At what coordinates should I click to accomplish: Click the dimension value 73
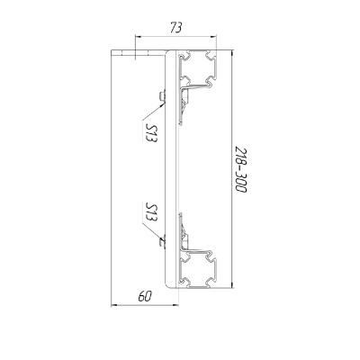tap(175, 28)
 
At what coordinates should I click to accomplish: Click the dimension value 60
tap(145, 296)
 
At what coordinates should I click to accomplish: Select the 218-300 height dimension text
tap(240, 169)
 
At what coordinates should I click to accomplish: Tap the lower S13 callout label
tap(151, 211)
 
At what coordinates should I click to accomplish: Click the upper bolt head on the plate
tap(162, 96)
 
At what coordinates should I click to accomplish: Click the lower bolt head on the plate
tap(162, 242)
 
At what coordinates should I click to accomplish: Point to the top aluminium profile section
tap(197, 69)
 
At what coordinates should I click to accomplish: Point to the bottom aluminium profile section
tap(197, 267)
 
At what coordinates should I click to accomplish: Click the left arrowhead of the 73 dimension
tap(138, 37)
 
